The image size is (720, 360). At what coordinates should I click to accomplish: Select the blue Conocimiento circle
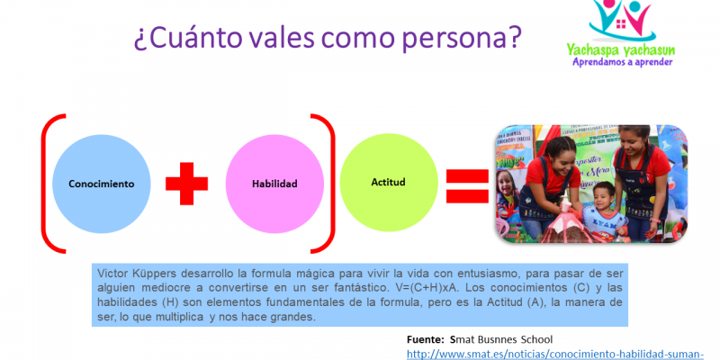tap(102, 183)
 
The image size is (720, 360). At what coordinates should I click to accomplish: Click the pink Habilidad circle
tap(274, 183)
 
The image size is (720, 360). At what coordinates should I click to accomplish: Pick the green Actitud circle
tap(388, 182)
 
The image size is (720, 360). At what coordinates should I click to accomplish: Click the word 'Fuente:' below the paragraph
tap(426, 339)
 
